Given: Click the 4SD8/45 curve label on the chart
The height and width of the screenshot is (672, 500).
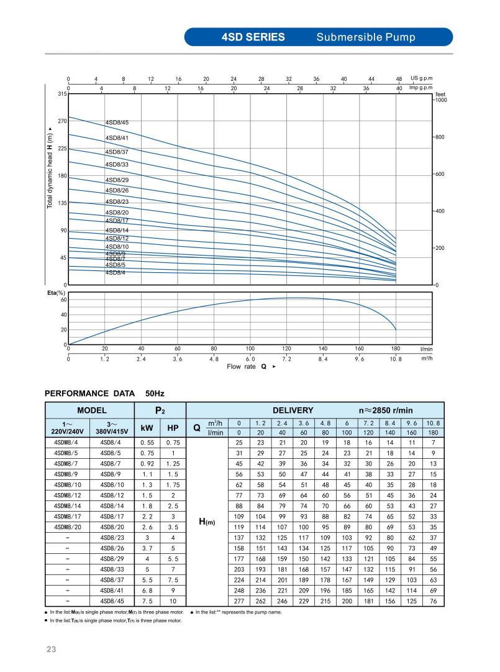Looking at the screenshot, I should coord(117,122).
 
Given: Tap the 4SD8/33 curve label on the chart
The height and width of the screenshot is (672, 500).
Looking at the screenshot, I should coord(117,165).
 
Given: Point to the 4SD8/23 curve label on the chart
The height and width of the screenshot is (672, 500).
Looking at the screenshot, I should coord(117,201).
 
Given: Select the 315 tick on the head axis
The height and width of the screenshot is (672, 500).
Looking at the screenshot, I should coord(61,94).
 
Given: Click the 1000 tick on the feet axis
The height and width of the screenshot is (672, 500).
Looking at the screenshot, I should coord(441,99).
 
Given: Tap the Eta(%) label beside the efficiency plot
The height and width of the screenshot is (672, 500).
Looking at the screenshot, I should coord(57,292).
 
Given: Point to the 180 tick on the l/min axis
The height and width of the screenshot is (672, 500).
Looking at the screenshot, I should coord(396,349).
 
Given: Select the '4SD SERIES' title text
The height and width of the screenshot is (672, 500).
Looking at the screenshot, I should coord(253,37).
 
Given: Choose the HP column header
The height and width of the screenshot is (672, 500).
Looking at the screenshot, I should coord(173,428).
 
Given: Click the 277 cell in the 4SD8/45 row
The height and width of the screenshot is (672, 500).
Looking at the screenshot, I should coord(239,602).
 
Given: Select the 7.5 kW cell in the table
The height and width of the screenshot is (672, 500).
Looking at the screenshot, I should coord(147,602).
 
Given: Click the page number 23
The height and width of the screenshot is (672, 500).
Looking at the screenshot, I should coord(51,650).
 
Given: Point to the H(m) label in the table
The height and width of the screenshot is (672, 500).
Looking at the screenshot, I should coord(206,522).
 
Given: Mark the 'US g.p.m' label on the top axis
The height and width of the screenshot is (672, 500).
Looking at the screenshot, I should coord(421,78).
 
